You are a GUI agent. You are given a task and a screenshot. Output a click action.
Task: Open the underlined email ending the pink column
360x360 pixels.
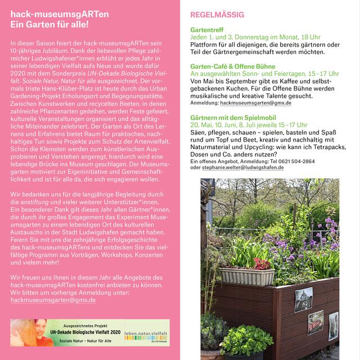(x=53, y=301)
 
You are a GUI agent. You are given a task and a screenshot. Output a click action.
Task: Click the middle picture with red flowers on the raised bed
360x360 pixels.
(x=316, y=322)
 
